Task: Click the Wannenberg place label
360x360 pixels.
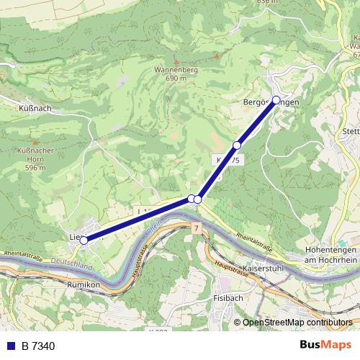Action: [176, 71]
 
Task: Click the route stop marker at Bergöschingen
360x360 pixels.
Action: [276, 100]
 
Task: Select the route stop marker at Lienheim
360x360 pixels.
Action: [84, 240]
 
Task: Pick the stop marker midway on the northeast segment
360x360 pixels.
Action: [237, 145]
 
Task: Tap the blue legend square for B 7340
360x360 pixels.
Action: [11, 346]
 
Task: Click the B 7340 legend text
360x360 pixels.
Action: [38, 346]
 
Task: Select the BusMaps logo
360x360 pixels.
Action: [325, 345]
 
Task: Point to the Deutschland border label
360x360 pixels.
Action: [72, 265]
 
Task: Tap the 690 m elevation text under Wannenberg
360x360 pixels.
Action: [176, 78]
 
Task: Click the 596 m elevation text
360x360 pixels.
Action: [31, 168]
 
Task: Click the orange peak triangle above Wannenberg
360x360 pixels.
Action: [176, 62]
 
